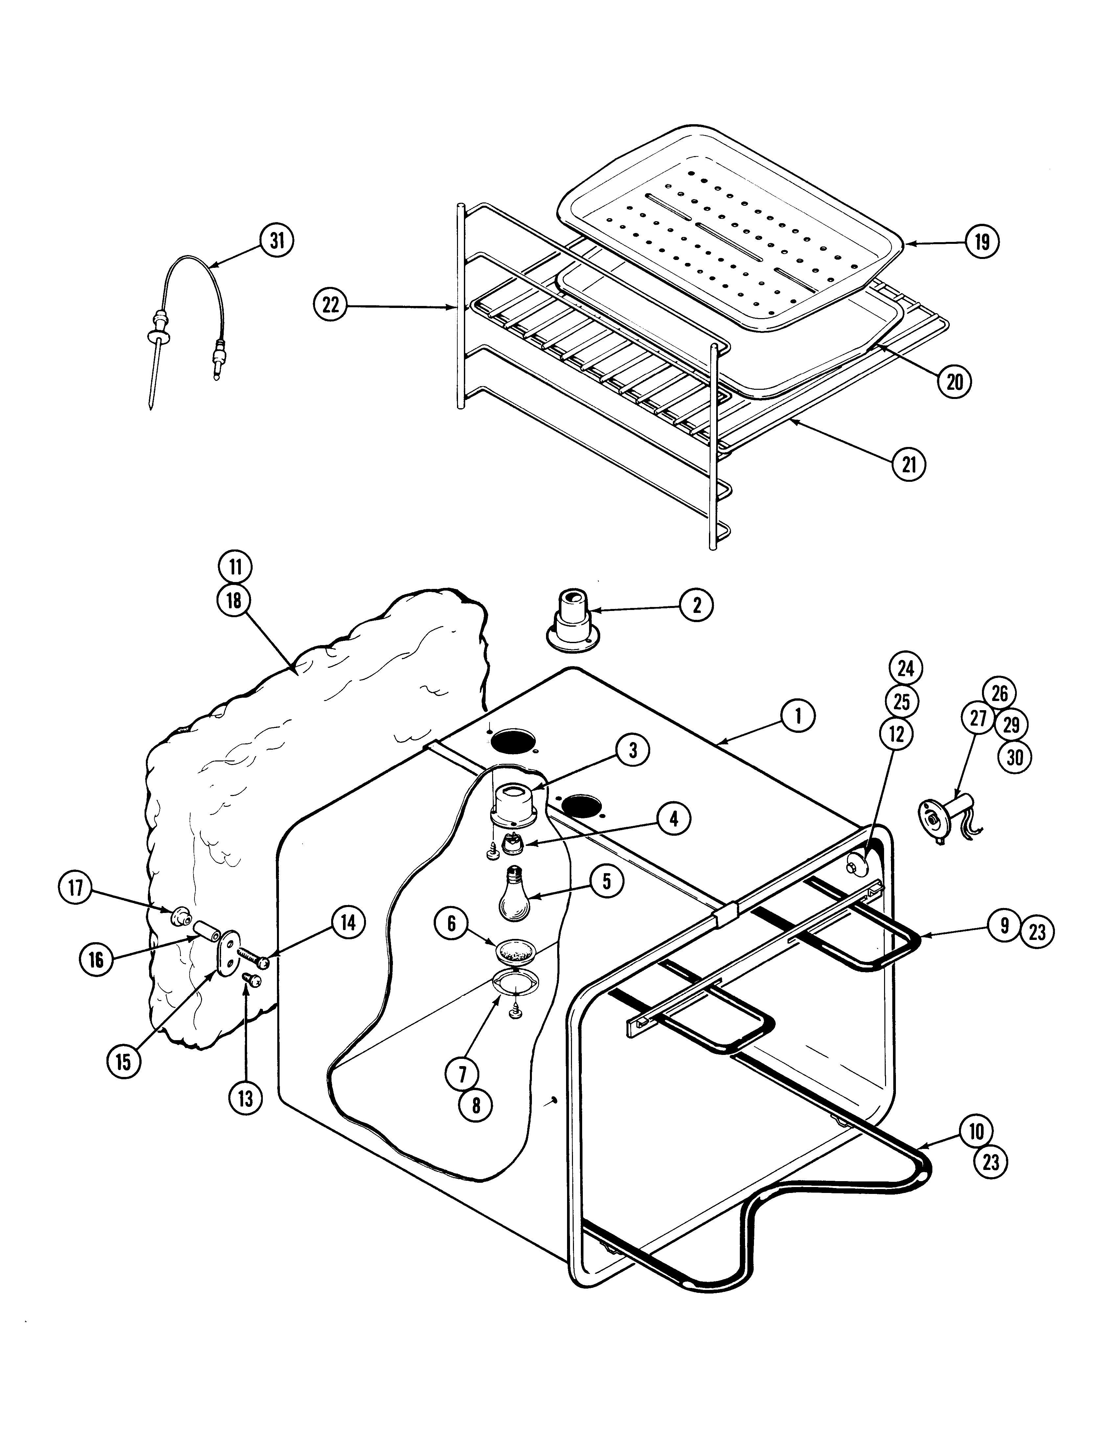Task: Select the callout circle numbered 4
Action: tap(673, 819)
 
